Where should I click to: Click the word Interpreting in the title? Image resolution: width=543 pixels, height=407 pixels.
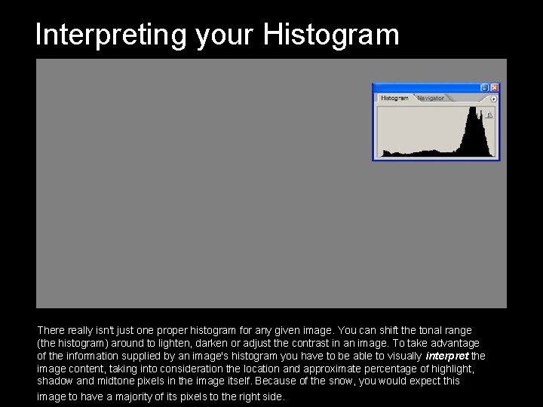click(111, 35)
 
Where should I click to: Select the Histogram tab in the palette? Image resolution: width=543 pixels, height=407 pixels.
click(394, 98)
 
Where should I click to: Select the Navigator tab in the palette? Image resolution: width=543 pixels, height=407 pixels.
click(431, 98)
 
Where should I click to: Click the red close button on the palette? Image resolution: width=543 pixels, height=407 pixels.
click(495, 87)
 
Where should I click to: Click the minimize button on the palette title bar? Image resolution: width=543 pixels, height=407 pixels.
click(485, 87)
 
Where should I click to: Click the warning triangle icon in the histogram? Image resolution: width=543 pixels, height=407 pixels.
click(489, 115)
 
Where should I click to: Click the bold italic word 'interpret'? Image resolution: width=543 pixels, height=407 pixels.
click(447, 356)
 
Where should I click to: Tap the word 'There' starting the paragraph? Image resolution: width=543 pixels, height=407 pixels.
click(51, 330)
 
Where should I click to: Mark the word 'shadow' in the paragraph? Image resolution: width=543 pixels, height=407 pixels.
click(54, 381)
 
